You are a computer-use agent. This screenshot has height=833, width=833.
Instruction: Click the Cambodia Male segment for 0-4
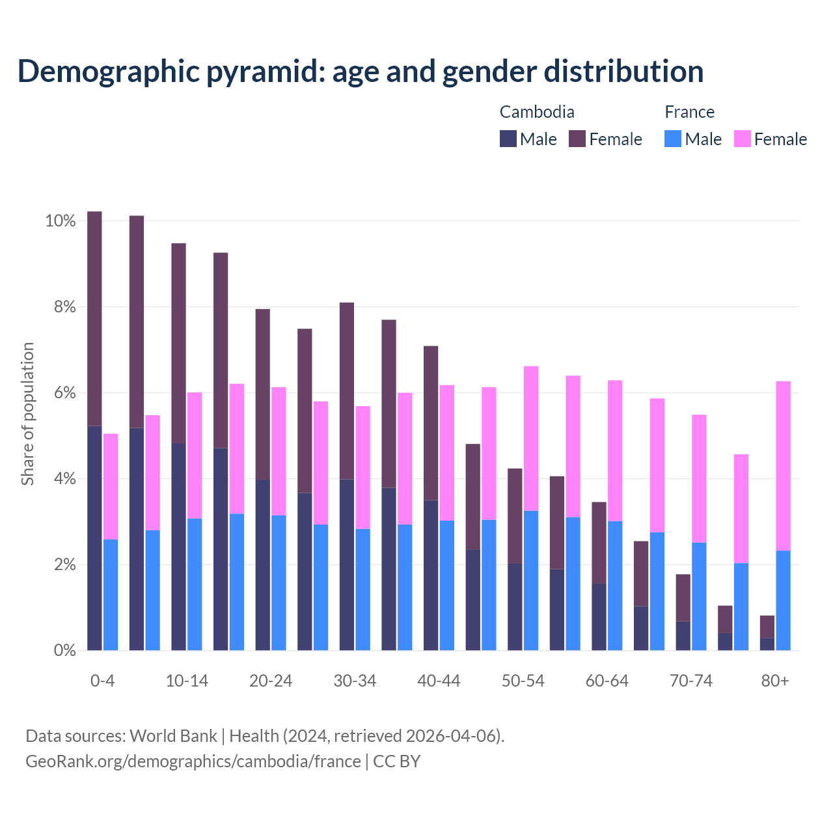click(x=94, y=538)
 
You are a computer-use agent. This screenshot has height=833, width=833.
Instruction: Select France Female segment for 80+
click(x=783, y=466)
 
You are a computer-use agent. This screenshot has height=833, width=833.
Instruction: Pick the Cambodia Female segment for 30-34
click(x=347, y=391)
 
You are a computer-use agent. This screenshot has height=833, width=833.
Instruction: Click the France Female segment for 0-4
click(x=111, y=486)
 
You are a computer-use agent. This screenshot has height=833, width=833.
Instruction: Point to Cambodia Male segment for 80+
click(x=767, y=644)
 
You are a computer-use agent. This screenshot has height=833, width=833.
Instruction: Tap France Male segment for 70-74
click(x=699, y=596)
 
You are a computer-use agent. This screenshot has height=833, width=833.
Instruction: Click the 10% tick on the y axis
click(x=61, y=221)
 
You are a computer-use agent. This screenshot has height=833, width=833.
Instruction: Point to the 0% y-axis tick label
click(x=64, y=650)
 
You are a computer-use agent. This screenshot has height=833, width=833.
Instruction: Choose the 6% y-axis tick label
click(x=64, y=393)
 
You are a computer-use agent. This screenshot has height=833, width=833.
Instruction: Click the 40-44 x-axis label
click(x=439, y=681)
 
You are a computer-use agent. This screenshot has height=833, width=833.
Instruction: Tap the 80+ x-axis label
click(x=775, y=681)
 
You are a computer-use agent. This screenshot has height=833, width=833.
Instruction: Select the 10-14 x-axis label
click(x=187, y=681)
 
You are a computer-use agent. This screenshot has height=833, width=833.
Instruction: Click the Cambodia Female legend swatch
click(x=577, y=139)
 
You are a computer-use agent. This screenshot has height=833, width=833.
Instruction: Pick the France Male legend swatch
click(x=673, y=139)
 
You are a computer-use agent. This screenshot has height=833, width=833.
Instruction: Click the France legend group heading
click(x=689, y=112)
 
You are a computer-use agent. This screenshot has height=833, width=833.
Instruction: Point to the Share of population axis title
click(x=27, y=414)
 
